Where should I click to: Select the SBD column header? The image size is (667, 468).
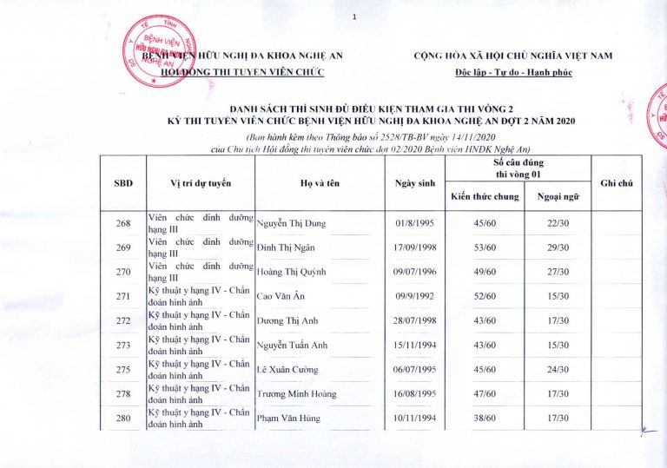[x=123, y=182]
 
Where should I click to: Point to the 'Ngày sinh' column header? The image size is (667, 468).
[x=413, y=182]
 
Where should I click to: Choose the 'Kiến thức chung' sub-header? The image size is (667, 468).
[x=484, y=196]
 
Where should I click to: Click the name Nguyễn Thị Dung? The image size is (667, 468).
[x=291, y=223]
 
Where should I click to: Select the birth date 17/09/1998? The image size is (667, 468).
[x=413, y=247]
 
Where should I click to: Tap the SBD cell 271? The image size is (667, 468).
[x=123, y=296]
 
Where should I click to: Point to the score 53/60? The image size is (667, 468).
[x=484, y=247]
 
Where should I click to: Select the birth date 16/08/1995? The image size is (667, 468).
[x=413, y=393]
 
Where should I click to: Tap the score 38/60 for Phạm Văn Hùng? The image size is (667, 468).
[x=484, y=419]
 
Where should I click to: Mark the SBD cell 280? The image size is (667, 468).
[x=123, y=419]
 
